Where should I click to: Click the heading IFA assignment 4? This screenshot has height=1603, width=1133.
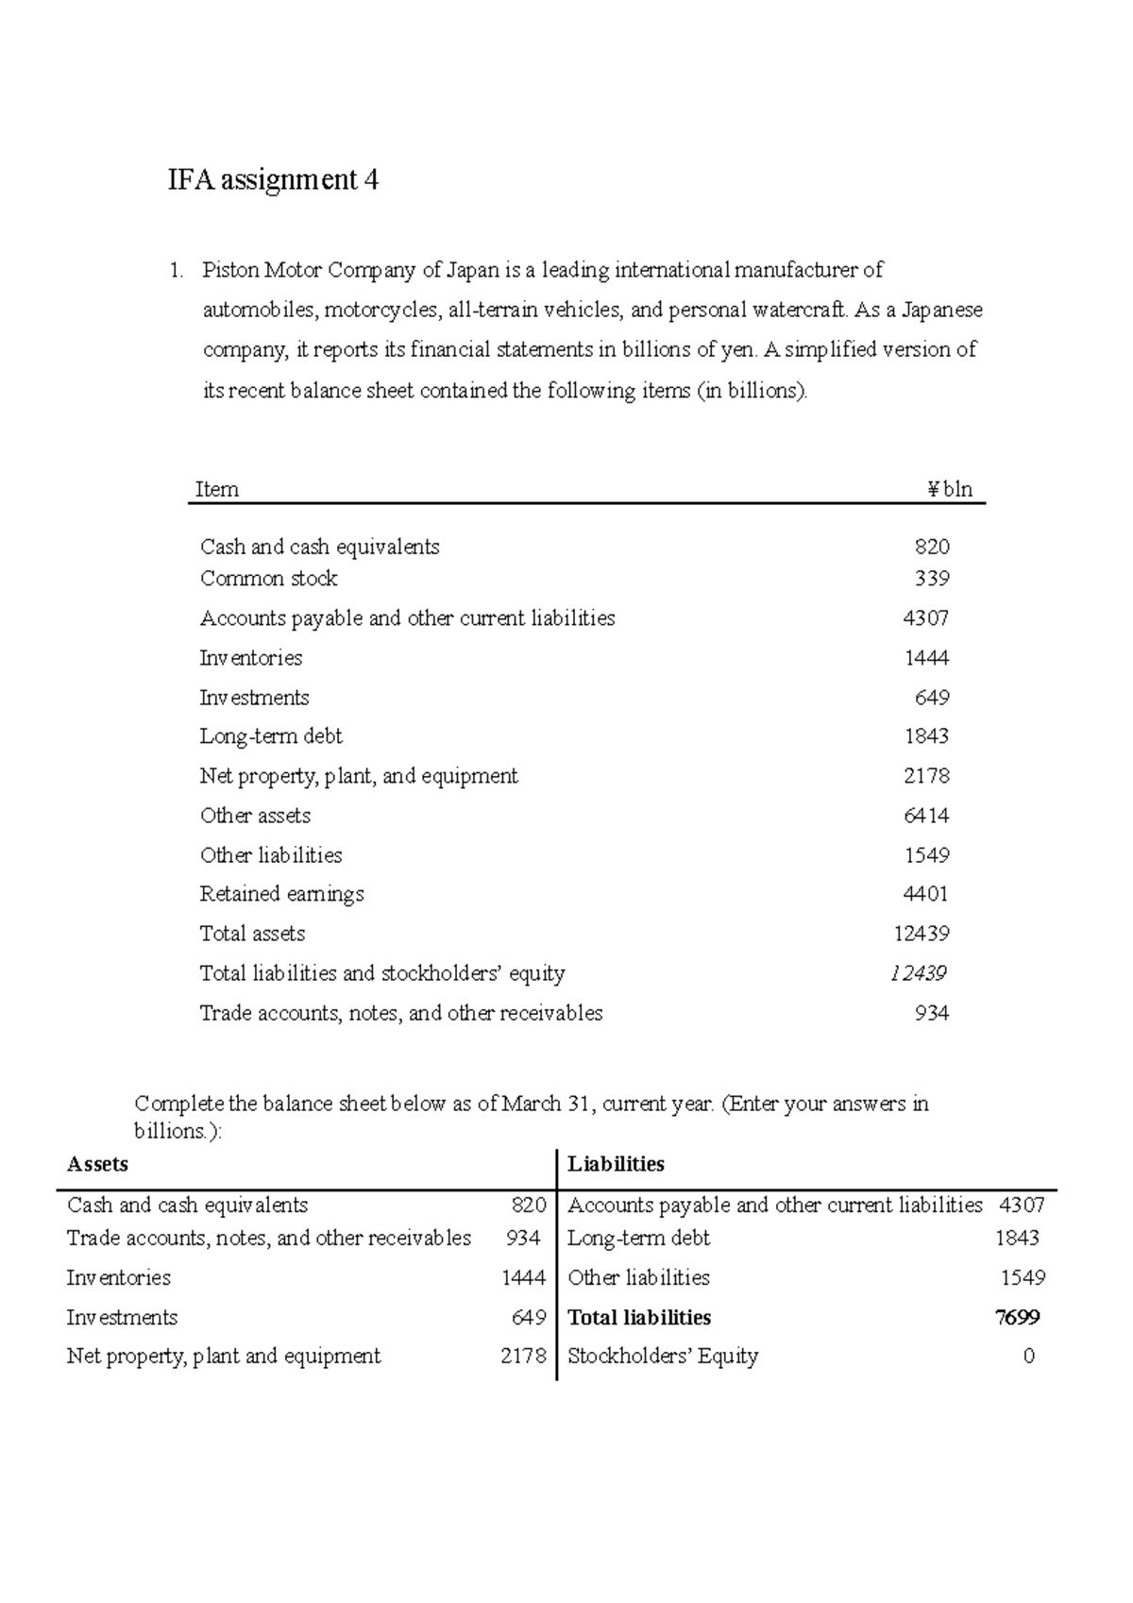(273, 179)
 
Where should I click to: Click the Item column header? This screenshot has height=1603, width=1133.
(216, 489)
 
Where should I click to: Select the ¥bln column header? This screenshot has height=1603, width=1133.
(949, 489)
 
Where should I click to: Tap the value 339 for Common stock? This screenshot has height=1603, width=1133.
(932, 578)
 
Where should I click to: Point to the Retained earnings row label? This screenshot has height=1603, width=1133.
(281, 893)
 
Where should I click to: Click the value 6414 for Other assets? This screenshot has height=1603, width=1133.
(926, 815)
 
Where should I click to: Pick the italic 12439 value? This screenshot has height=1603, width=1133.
(918, 972)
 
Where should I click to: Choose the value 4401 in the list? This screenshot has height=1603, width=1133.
(925, 893)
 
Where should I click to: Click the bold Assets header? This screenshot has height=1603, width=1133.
(97, 1164)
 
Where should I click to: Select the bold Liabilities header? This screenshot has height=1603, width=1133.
(616, 1164)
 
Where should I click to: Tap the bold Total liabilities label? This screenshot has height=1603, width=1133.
(639, 1317)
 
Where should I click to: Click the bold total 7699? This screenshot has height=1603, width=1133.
(1018, 1317)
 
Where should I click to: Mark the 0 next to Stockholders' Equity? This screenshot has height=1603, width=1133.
(1028, 1356)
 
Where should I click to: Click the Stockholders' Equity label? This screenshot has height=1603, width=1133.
(663, 1356)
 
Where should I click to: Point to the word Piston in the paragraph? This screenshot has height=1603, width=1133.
(229, 270)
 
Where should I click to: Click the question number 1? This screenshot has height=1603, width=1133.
(175, 270)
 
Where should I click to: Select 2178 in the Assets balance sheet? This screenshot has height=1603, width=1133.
(523, 1356)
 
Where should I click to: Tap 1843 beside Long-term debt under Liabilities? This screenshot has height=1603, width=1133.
(1017, 1238)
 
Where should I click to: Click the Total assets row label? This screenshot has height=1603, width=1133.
(252, 933)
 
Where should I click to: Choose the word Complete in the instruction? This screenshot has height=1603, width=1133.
(179, 1104)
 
